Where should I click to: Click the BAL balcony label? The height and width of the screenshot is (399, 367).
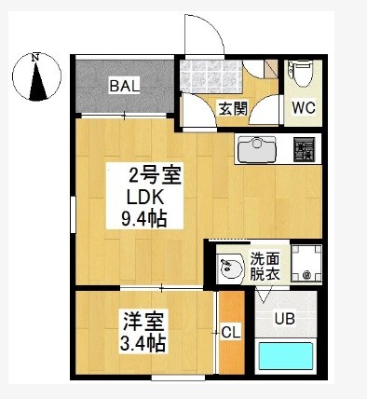124,86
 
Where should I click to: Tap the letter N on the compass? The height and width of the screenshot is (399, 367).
35,57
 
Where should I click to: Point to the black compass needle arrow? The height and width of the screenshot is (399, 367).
37,81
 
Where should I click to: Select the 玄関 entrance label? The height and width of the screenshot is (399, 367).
233,109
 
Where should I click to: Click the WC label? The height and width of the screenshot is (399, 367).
304,107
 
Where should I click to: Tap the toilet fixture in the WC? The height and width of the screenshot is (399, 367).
301,74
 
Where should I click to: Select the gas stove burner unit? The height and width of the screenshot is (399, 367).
305,150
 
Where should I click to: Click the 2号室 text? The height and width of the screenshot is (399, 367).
155,176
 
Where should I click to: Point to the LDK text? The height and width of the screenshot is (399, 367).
144,199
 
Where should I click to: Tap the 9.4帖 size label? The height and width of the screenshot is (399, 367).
144,219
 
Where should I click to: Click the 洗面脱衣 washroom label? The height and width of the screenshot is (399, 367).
265,266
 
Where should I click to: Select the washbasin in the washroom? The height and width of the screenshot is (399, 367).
230,268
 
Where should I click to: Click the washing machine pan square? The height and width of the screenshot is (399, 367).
306,264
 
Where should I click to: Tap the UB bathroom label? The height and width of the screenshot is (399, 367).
284,319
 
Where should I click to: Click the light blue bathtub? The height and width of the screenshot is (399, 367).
285,356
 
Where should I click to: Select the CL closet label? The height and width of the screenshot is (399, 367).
231,334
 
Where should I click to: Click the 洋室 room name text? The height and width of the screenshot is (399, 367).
143,322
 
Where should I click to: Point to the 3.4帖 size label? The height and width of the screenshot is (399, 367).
143,343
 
